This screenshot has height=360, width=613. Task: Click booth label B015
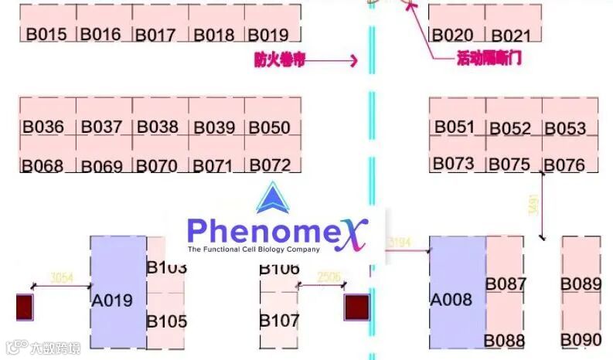click(x=47, y=35)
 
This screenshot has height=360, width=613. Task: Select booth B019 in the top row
click(x=267, y=35)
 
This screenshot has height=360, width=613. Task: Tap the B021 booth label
click(x=512, y=36)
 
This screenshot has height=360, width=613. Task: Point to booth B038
click(x=157, y=127)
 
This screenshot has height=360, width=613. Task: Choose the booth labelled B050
click(x=270, y=127)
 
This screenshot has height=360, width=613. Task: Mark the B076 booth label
click(x=564, y=165)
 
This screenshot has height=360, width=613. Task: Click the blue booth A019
click(x=113, y=301)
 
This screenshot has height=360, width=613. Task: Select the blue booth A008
click(x=451, y=299)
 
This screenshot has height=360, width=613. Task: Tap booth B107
click(x=279, y=319)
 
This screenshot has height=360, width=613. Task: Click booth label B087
click(x=506, y=284)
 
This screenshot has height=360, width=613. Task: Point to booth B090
click(x=581, y=339)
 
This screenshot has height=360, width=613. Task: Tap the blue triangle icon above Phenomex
click(x=272, y=199)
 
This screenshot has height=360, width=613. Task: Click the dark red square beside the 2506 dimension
click(x=356, y=307)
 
